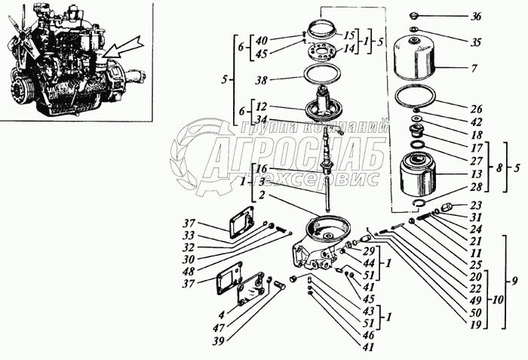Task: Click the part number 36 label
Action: tap(475, 16)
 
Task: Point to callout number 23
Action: tap(475, 205)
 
